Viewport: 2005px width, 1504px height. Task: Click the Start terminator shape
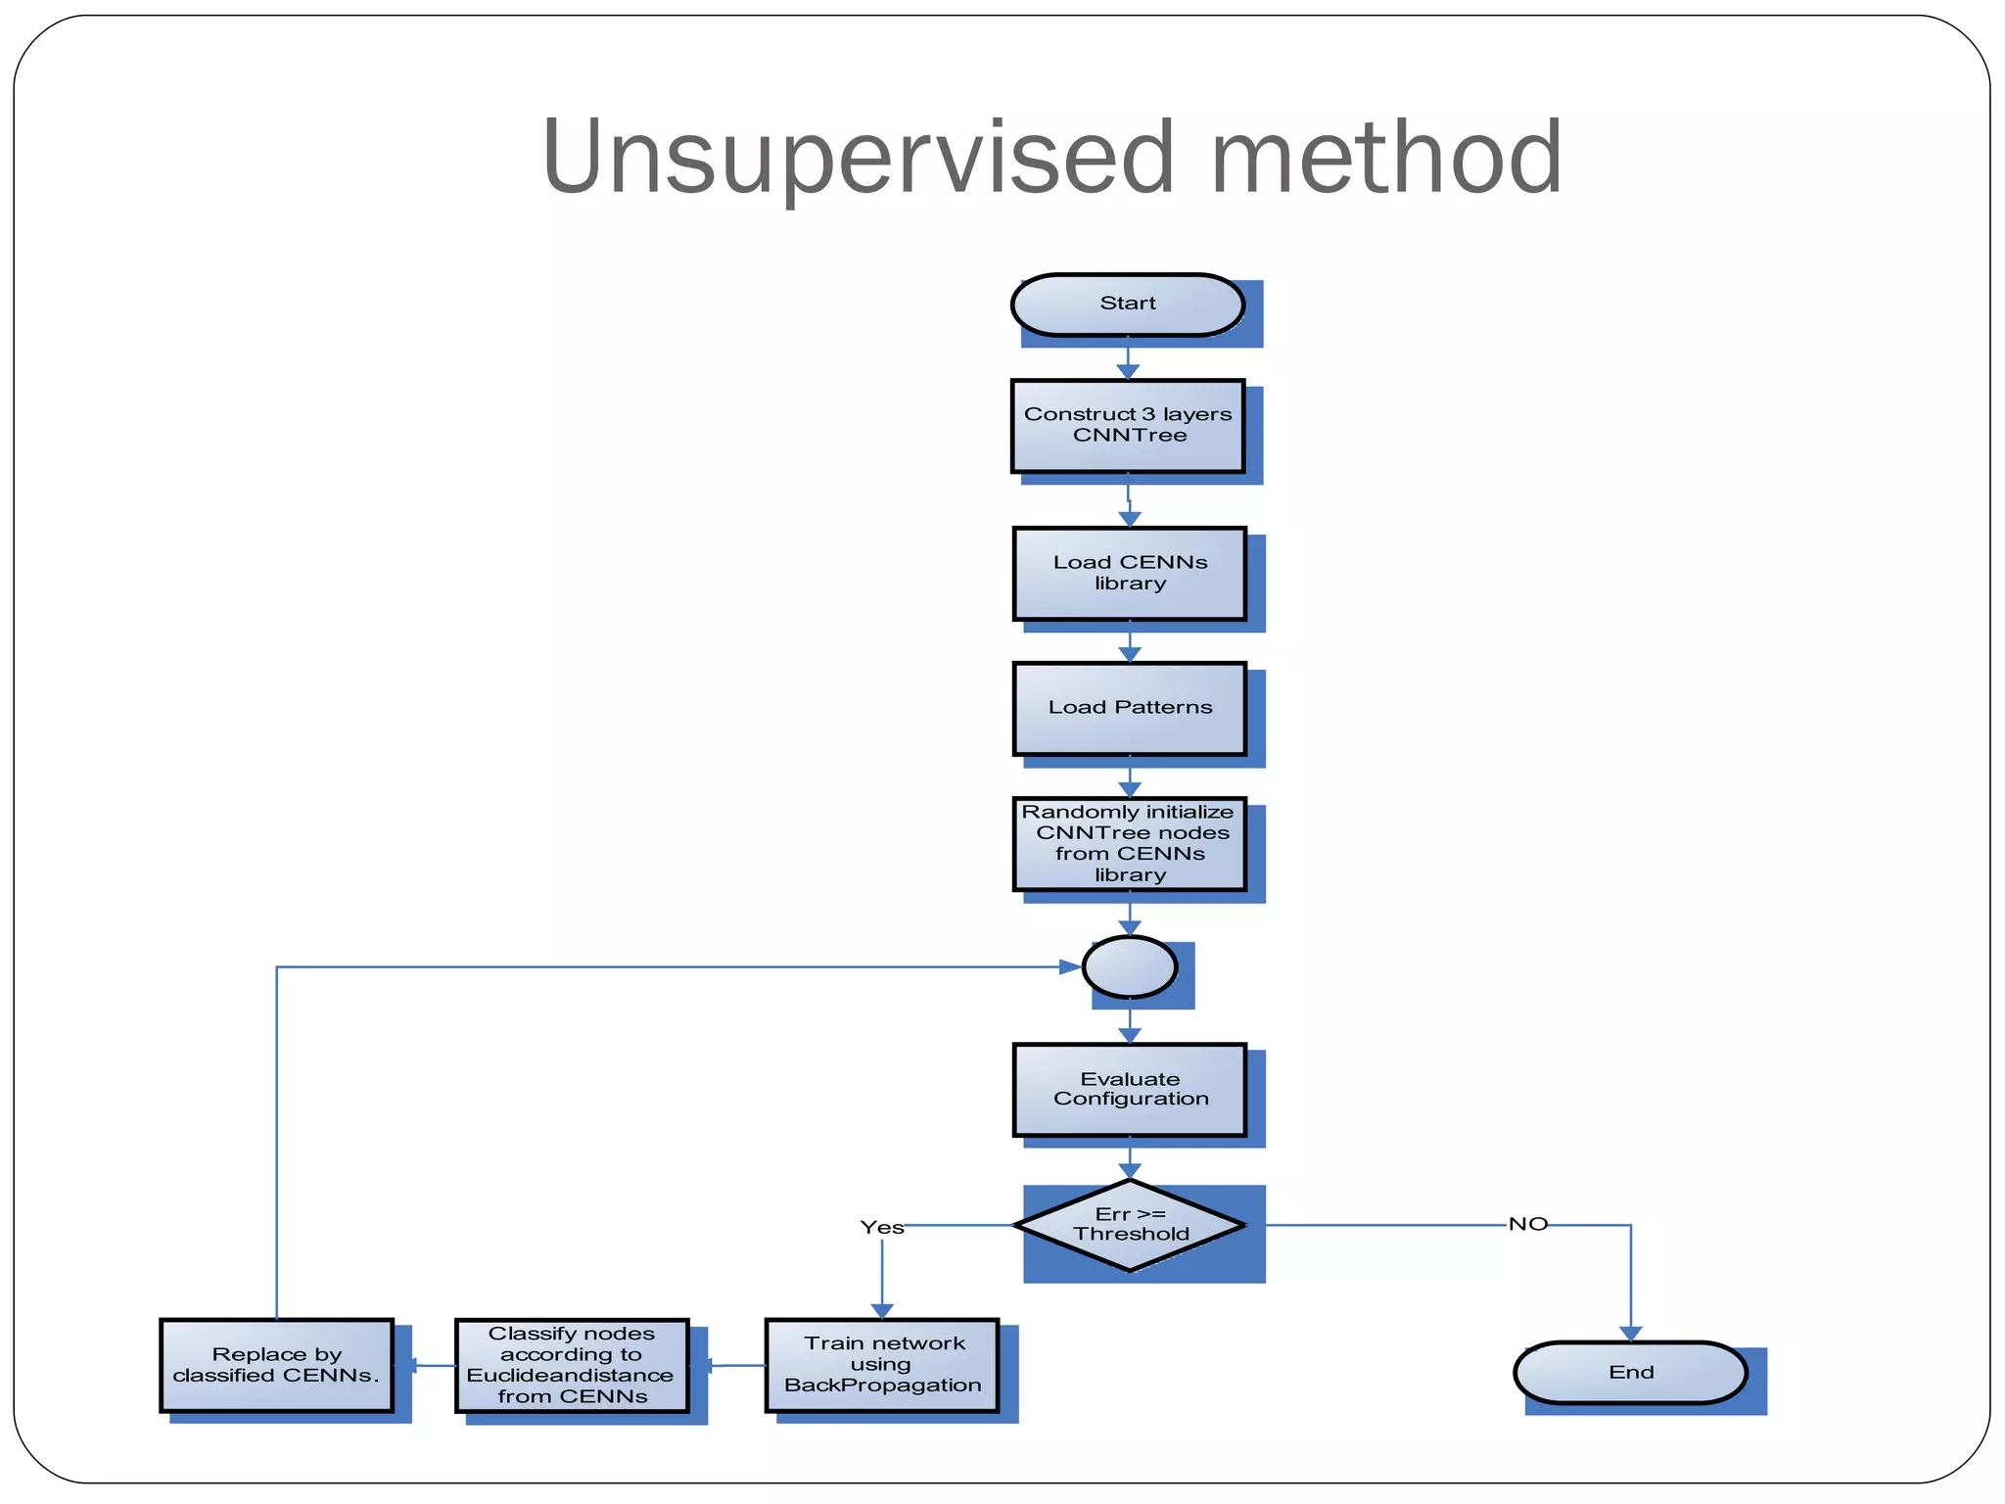(1127, 305)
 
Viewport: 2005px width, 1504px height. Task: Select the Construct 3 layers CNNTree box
(1128, 426)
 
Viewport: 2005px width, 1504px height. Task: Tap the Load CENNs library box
(1129, 574)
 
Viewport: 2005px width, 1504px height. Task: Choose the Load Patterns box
(1129, 708)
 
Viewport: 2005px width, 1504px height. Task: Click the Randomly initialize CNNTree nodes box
(1129, 843)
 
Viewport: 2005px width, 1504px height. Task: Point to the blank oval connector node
(1129, 967)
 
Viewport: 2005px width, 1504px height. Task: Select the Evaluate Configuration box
(1129, 1090)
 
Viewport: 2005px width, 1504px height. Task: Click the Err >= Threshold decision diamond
(1129, 1225)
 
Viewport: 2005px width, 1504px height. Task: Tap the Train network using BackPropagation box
(881, 1365)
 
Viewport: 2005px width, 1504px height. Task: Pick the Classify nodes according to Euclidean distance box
(572, 1365)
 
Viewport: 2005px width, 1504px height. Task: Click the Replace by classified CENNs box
(276, 1365)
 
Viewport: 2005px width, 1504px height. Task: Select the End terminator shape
(1630, 1373)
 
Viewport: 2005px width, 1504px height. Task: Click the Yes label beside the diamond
(881, 1228)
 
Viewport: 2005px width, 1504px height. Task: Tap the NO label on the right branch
(1527, 1224)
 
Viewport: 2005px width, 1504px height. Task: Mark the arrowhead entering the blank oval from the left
(1070, 967)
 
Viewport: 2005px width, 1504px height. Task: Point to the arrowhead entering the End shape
(1630, 1334)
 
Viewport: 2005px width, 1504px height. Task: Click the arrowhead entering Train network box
(881, 1311)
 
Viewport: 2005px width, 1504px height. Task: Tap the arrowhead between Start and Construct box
(1127, 372)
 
